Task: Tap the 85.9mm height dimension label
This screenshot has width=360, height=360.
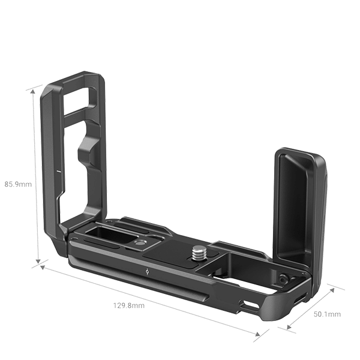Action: click(17, 184)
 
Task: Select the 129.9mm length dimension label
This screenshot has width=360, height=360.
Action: click(129, 305)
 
